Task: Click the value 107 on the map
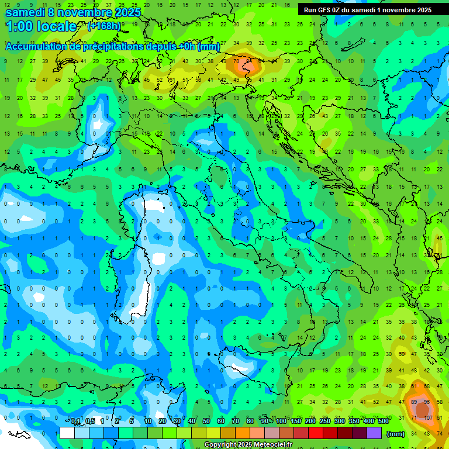tap(428, 418)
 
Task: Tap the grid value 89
tap(415, 403)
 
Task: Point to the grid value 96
tap(427, 403)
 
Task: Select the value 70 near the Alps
tap(236, 60)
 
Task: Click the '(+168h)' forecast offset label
tap(104, 26)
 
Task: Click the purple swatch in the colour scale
tap(374, 433)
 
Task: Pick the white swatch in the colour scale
tap(67, 433)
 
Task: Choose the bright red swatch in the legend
tap(316, 433)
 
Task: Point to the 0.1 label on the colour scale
tap(75, 422)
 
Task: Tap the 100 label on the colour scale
tap(281, 422)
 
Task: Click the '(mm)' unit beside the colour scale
tap(396, 434)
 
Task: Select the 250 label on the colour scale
tap(324, 422)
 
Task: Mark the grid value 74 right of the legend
tap(440, 433)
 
